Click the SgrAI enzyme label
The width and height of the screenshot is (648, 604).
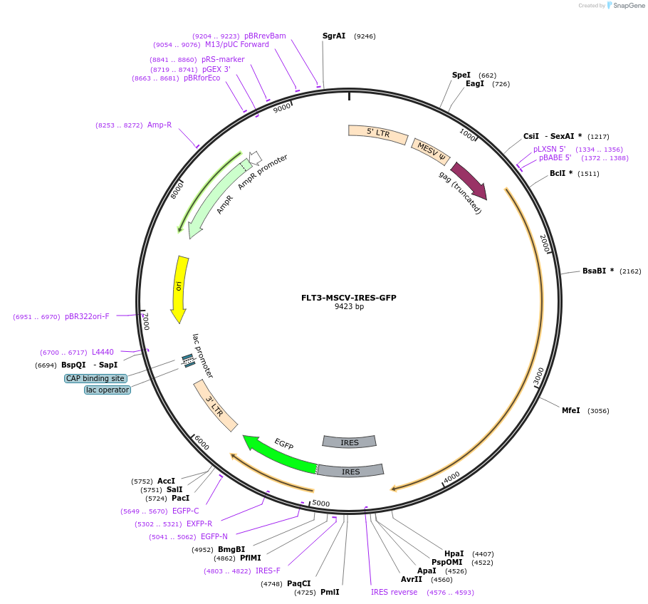click(334, 36)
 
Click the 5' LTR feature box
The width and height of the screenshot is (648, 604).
click(377, 134)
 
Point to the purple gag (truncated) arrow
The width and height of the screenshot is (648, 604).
click(469, 181)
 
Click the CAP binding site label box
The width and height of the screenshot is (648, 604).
click(95, 378)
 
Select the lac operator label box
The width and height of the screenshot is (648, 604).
click(108, 390)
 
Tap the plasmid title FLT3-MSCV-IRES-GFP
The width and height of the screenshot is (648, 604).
click(349, 298)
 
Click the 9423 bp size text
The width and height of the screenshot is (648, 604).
click(349, 307)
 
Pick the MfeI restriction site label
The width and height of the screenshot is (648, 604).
click(571, 410)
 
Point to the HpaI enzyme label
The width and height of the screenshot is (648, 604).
click(454, 553)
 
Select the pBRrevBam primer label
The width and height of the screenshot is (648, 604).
click(265, 36)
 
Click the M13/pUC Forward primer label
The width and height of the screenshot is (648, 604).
click(237, 44)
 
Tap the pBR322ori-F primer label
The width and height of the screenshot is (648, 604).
click(87, 316)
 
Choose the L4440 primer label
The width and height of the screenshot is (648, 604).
click(103, 352)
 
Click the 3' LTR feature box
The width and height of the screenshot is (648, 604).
click(216, 405)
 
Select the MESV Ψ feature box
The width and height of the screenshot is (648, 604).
click(431, 152)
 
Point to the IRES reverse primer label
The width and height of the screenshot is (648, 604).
click(394, 592)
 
